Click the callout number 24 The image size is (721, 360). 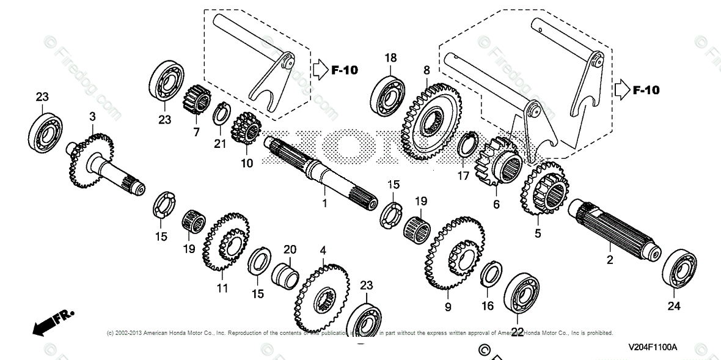point(673,306)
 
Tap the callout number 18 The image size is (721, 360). point(390,58)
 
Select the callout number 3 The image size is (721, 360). point(93,116)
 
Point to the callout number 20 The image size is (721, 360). point(290,249)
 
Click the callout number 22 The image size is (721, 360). point(518,332)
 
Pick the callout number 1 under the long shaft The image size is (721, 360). point(324,203)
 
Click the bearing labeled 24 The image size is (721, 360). point(679,268)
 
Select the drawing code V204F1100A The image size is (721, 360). point(653,347)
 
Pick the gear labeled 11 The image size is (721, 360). point(226,243)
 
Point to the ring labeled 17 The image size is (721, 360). point(468,147)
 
